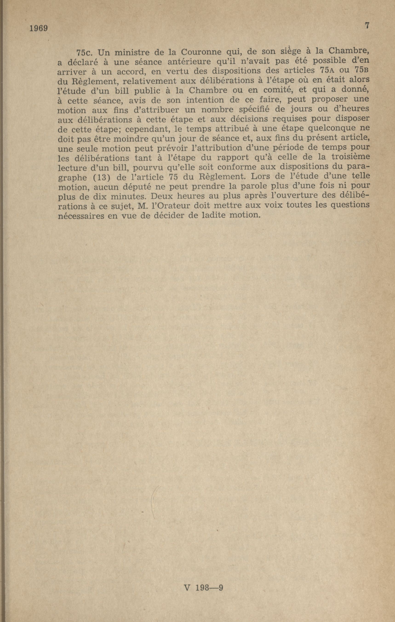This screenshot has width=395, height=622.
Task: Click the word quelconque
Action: tap(333, 128)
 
